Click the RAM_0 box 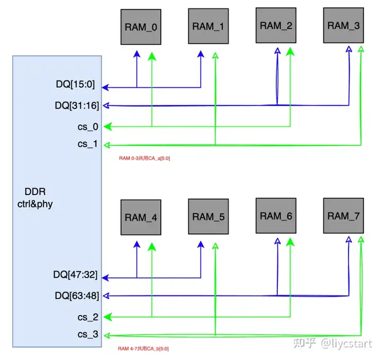(141, 26)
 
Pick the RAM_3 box (342, 25)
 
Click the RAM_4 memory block (141, 217)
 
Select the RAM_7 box (342, 216)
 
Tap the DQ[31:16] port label (77, 106)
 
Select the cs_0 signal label (87, 126)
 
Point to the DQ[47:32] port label (76, 274)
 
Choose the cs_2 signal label (87, 317)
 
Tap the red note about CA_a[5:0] (144, 158)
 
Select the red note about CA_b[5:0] (143, 349)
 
